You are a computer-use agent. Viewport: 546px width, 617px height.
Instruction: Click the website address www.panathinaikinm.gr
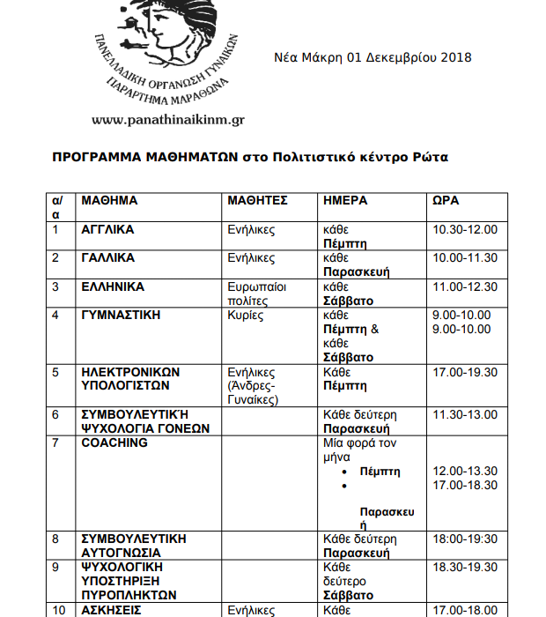point(167,119)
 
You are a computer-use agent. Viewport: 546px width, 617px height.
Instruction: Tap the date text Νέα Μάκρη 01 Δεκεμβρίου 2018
point(373,57)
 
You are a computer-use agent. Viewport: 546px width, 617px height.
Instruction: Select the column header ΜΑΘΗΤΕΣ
point(258,201)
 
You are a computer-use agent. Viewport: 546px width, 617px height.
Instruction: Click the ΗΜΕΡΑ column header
point(346,201)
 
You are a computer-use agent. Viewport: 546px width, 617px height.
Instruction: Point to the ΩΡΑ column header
point(446,201)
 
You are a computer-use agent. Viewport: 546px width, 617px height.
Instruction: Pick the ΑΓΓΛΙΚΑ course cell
point(108,230)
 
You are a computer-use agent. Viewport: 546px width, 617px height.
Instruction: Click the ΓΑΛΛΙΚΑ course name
point(108,258)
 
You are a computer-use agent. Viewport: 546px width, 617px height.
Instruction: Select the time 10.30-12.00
point(465,230)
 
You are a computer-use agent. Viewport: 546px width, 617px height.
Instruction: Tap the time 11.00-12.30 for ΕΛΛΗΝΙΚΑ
point(465,287)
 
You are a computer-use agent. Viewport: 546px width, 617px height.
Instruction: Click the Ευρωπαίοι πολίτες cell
point(257,294)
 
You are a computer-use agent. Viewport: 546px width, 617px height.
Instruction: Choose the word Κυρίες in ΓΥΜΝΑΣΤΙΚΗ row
point(246,316)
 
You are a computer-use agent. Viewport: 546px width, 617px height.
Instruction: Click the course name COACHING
point(114,443)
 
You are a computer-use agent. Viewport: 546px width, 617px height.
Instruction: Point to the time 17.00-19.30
point(465,373)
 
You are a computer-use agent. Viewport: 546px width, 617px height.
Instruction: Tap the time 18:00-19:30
point(465,539)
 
